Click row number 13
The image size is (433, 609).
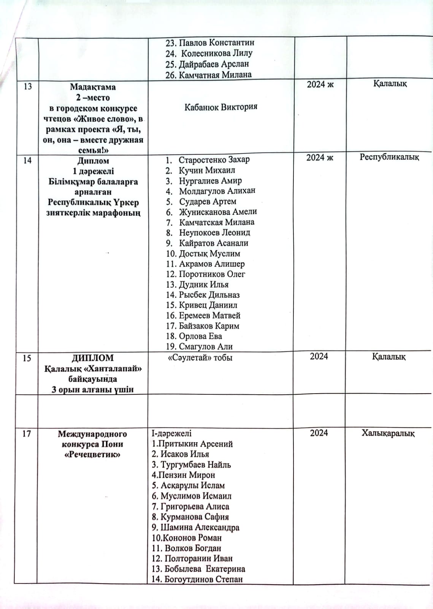28,86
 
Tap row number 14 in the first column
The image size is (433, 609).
27,160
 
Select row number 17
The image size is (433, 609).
26,434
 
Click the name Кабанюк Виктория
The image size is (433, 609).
221,107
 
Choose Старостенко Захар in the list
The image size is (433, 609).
214,160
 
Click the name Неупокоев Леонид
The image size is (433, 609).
214,233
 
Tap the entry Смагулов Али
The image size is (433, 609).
206,347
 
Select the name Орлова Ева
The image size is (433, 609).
200,336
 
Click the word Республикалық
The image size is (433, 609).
389,157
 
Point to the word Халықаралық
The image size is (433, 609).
388,433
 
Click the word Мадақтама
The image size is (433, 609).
93,87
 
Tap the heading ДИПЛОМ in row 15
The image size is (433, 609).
93,358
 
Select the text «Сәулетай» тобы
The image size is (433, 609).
200,358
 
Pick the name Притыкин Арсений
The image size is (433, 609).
192,444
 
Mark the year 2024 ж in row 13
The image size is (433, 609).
320,84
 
